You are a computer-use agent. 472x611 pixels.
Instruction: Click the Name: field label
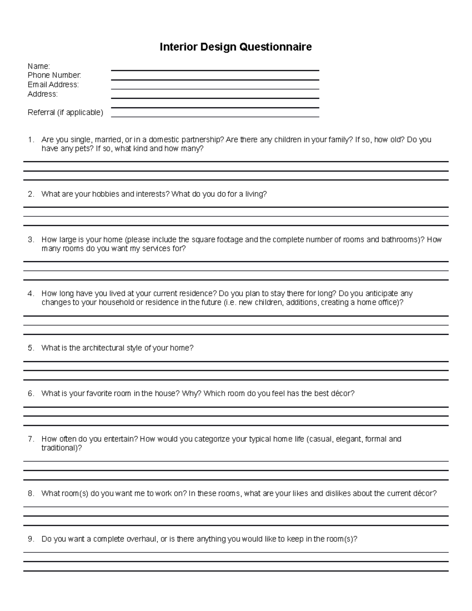click(x=39, y=66)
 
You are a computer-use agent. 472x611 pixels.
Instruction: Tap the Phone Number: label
click(x=54, y=75)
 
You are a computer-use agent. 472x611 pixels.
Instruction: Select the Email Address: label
click(x=53, y=85)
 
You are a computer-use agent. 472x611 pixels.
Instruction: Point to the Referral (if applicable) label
click(x=65, y=113)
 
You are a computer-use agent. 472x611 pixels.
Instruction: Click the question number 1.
click(x=31, y=140)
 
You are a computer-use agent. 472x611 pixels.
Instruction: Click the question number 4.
click(x=31, y=294)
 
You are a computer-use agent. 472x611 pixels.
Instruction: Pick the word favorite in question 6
click(x=99, y=393)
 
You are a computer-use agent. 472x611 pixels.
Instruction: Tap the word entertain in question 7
click(x=120, y=439)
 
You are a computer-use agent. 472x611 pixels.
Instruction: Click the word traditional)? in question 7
click(x=61, y=448)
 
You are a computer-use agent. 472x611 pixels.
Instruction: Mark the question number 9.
click(x=31, y=539)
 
